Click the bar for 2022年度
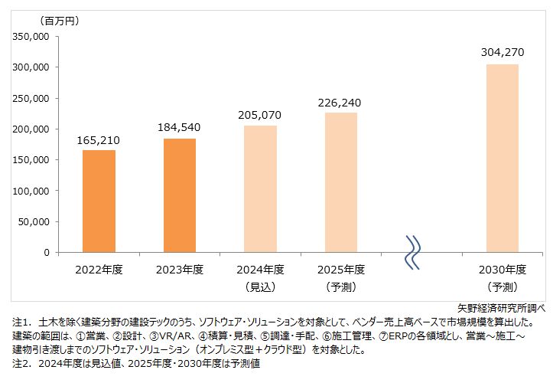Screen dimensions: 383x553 coord(99,201)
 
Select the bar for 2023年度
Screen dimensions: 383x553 coord(180,195)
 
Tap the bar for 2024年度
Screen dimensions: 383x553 coord(260,188)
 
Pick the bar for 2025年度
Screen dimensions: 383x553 coord(340,182)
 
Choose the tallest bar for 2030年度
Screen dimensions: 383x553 coord(502,158)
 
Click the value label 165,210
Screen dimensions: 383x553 coord(99,141)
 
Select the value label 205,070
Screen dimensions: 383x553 coord(260,116)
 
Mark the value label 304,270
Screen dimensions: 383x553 coord(502,54)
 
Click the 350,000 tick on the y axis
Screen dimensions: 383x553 coord(31,36)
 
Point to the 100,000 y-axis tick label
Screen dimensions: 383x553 coord(31,191)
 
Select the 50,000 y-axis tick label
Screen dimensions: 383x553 coord(34,221)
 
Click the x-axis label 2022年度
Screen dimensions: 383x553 coord(99,269)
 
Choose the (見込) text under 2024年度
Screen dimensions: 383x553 coord(260,287)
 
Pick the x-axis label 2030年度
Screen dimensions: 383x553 coord(502,269)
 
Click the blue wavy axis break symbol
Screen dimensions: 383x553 coord(413,252)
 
